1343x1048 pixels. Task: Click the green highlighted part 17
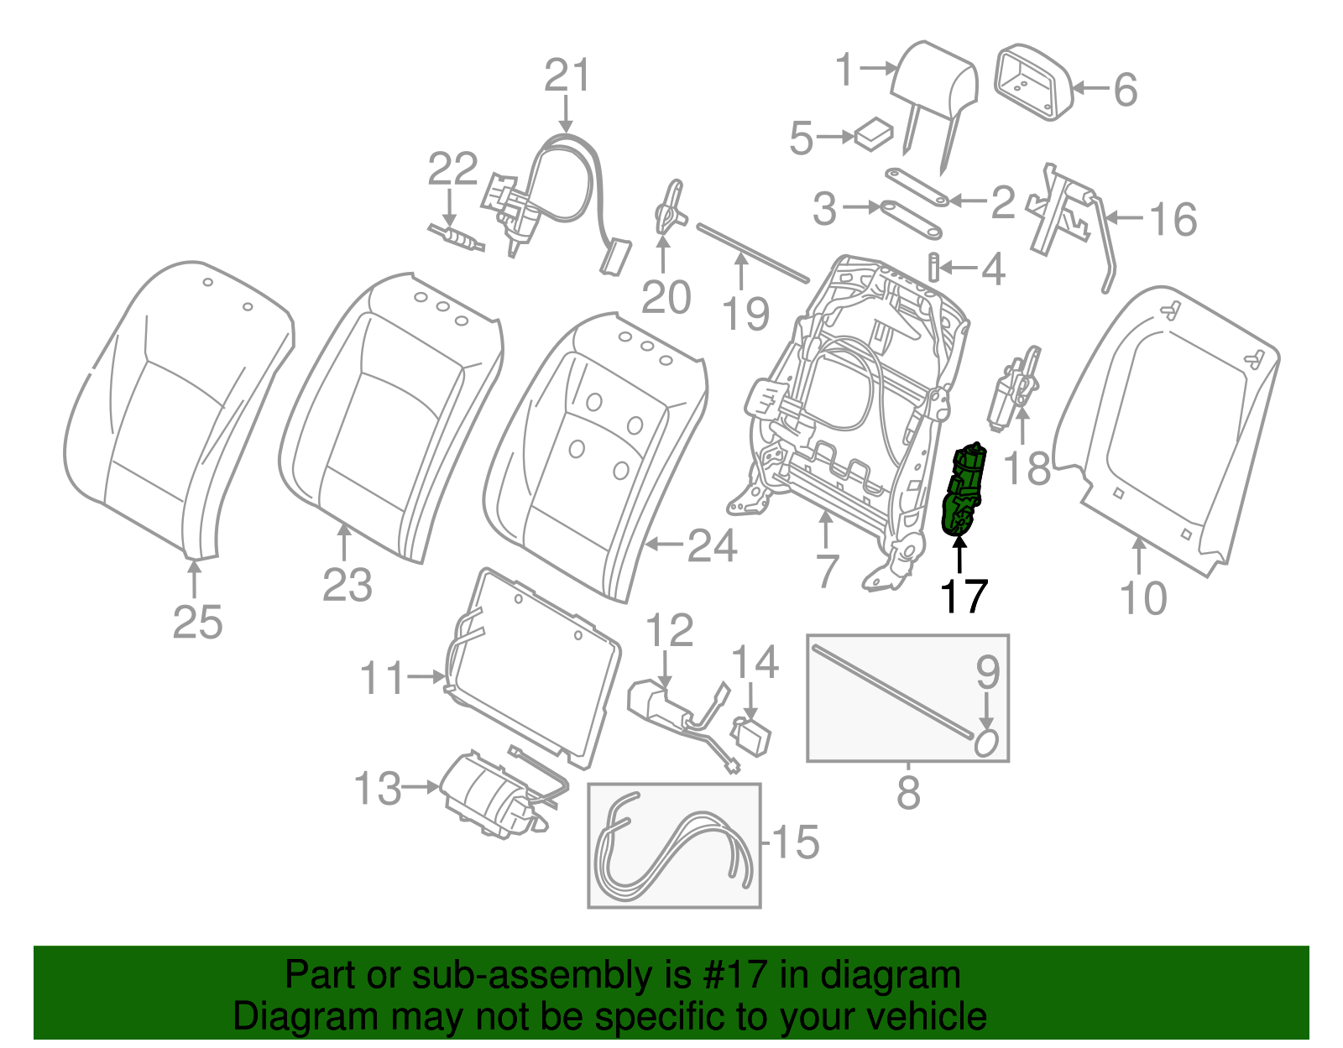click(x=964, y=491)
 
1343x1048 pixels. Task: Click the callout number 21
click(x=567, y=76)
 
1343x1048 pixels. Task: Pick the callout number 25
click(x=198, y=623)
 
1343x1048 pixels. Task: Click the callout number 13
click(x=378, y=789)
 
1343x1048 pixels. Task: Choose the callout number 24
click(x=712, y=546)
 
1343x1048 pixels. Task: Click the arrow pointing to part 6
click(x=1091, y=88)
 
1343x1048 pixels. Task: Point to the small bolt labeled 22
click(x=457, y=238)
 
